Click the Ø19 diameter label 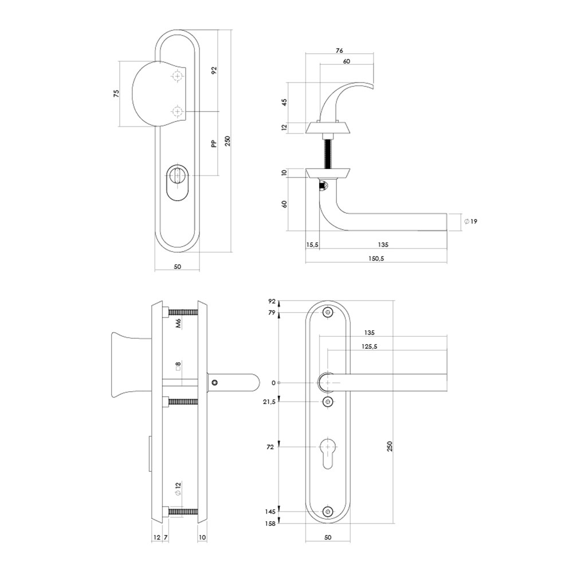470,222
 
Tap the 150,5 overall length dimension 376,258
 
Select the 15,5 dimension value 312,245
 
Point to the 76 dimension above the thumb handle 339,51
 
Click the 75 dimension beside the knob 116,93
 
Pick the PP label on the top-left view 214,144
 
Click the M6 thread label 178,324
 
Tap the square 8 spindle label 178,366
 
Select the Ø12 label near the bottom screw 178,489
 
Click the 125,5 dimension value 370,346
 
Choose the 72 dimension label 270,447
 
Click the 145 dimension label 271,512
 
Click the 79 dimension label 272,313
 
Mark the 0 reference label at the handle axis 273,383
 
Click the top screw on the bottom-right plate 328,312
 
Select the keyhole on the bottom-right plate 328,453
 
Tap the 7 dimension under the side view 166,537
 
